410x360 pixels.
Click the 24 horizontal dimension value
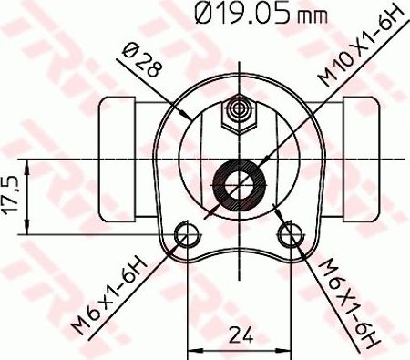240,334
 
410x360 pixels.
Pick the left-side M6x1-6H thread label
110,297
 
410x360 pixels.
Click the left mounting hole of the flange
187,235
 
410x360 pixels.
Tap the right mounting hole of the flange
292,235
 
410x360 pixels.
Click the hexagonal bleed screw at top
240,110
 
